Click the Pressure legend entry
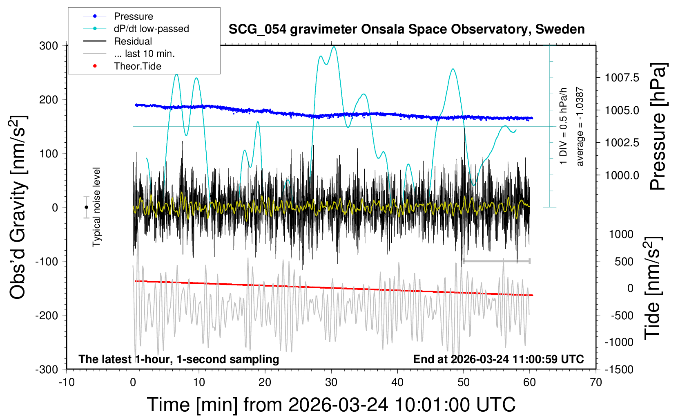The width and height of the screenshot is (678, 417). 133,16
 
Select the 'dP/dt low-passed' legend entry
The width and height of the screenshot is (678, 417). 151,29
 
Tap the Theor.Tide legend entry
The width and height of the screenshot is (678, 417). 137,66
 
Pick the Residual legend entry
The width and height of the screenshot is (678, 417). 133,41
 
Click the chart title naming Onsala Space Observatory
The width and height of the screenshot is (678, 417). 406,29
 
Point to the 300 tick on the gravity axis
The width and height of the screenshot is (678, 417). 49,45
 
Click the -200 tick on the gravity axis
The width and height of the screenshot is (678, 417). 47,315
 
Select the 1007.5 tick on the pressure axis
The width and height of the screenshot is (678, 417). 622,77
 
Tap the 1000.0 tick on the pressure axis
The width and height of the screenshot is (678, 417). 622,175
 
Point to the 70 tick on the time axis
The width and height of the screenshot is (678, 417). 596,382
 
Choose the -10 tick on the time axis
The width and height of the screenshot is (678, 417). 67,382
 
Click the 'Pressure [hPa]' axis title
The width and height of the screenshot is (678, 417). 658,126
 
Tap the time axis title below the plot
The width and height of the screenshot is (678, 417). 331,405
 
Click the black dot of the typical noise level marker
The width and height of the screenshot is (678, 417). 86,207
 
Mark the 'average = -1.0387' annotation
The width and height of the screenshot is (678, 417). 580,126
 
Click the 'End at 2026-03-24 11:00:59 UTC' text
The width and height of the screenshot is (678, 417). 498,359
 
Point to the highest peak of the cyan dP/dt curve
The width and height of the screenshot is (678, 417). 334,47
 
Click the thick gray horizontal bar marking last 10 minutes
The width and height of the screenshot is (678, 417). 496,261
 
